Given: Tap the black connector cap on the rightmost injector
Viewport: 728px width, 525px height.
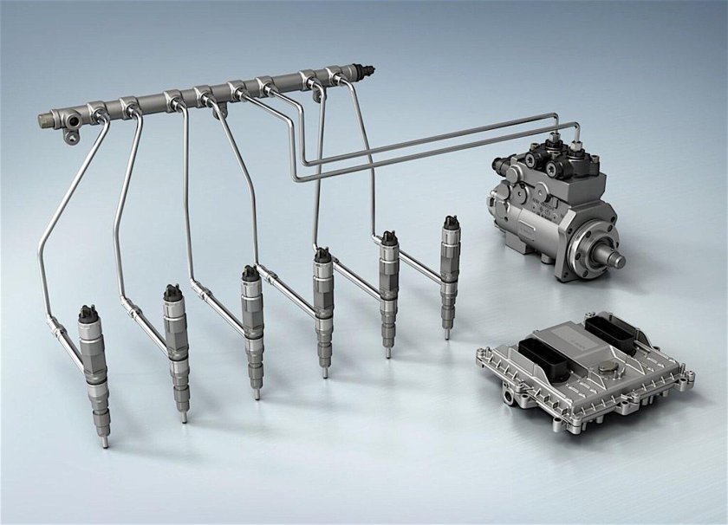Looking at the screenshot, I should tap(451, 223).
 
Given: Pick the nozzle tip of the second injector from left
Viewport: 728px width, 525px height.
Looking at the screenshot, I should tap(184, 418).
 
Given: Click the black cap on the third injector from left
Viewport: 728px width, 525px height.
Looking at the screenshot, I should tap(250, 274).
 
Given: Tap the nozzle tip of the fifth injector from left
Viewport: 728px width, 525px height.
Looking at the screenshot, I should tap(387, 351).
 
